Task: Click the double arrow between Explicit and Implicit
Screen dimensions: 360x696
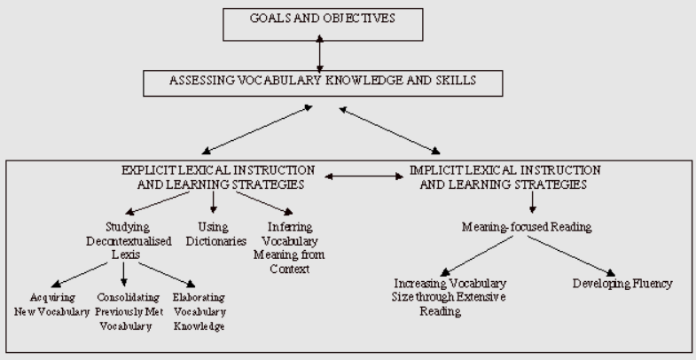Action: point(364,176)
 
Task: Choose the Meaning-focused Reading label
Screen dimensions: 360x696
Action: point(528,227)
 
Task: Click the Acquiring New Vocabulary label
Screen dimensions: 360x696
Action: point(51,304)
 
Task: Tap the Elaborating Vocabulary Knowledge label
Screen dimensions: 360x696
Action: point(199,311)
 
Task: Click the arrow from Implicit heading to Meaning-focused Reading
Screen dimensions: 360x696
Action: point(531,202)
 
